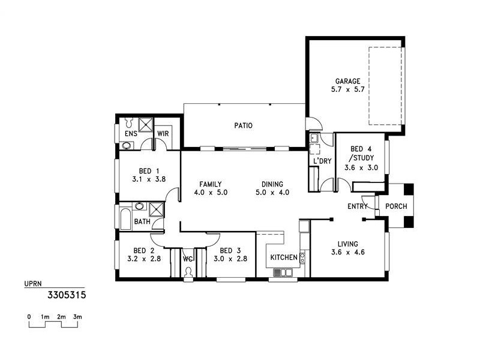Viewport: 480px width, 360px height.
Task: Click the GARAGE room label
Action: (348, 80)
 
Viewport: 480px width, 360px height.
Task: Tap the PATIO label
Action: (243, 126)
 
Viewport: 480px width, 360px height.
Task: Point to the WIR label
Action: (163, 134)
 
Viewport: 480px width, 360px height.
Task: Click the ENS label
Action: (130, 134)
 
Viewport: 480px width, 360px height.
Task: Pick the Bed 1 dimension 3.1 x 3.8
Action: (148, 179)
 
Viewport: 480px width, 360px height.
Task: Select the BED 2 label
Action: (144, 251)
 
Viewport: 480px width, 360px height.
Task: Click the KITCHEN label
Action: (284, 257)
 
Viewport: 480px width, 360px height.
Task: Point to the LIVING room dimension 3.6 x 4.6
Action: (347, 252)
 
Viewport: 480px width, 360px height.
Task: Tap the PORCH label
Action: (396, 206)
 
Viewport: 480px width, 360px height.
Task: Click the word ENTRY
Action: (358, 206)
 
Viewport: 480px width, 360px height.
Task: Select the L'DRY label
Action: (322, 161)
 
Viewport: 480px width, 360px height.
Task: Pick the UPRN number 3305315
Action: (67, 295)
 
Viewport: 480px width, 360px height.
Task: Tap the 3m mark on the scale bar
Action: (77, 316)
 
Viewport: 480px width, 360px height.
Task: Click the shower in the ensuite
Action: (146, 124)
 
